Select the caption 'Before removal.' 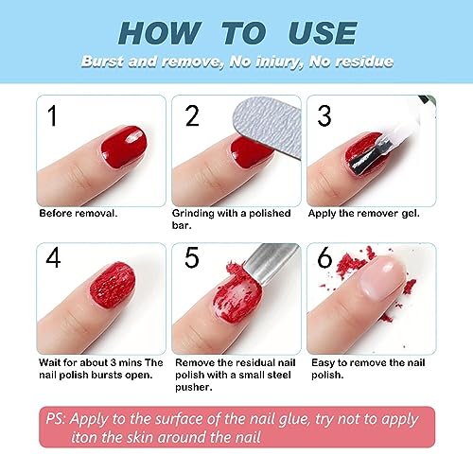79,213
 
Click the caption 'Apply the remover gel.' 365,213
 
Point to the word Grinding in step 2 201,213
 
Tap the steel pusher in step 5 260,274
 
